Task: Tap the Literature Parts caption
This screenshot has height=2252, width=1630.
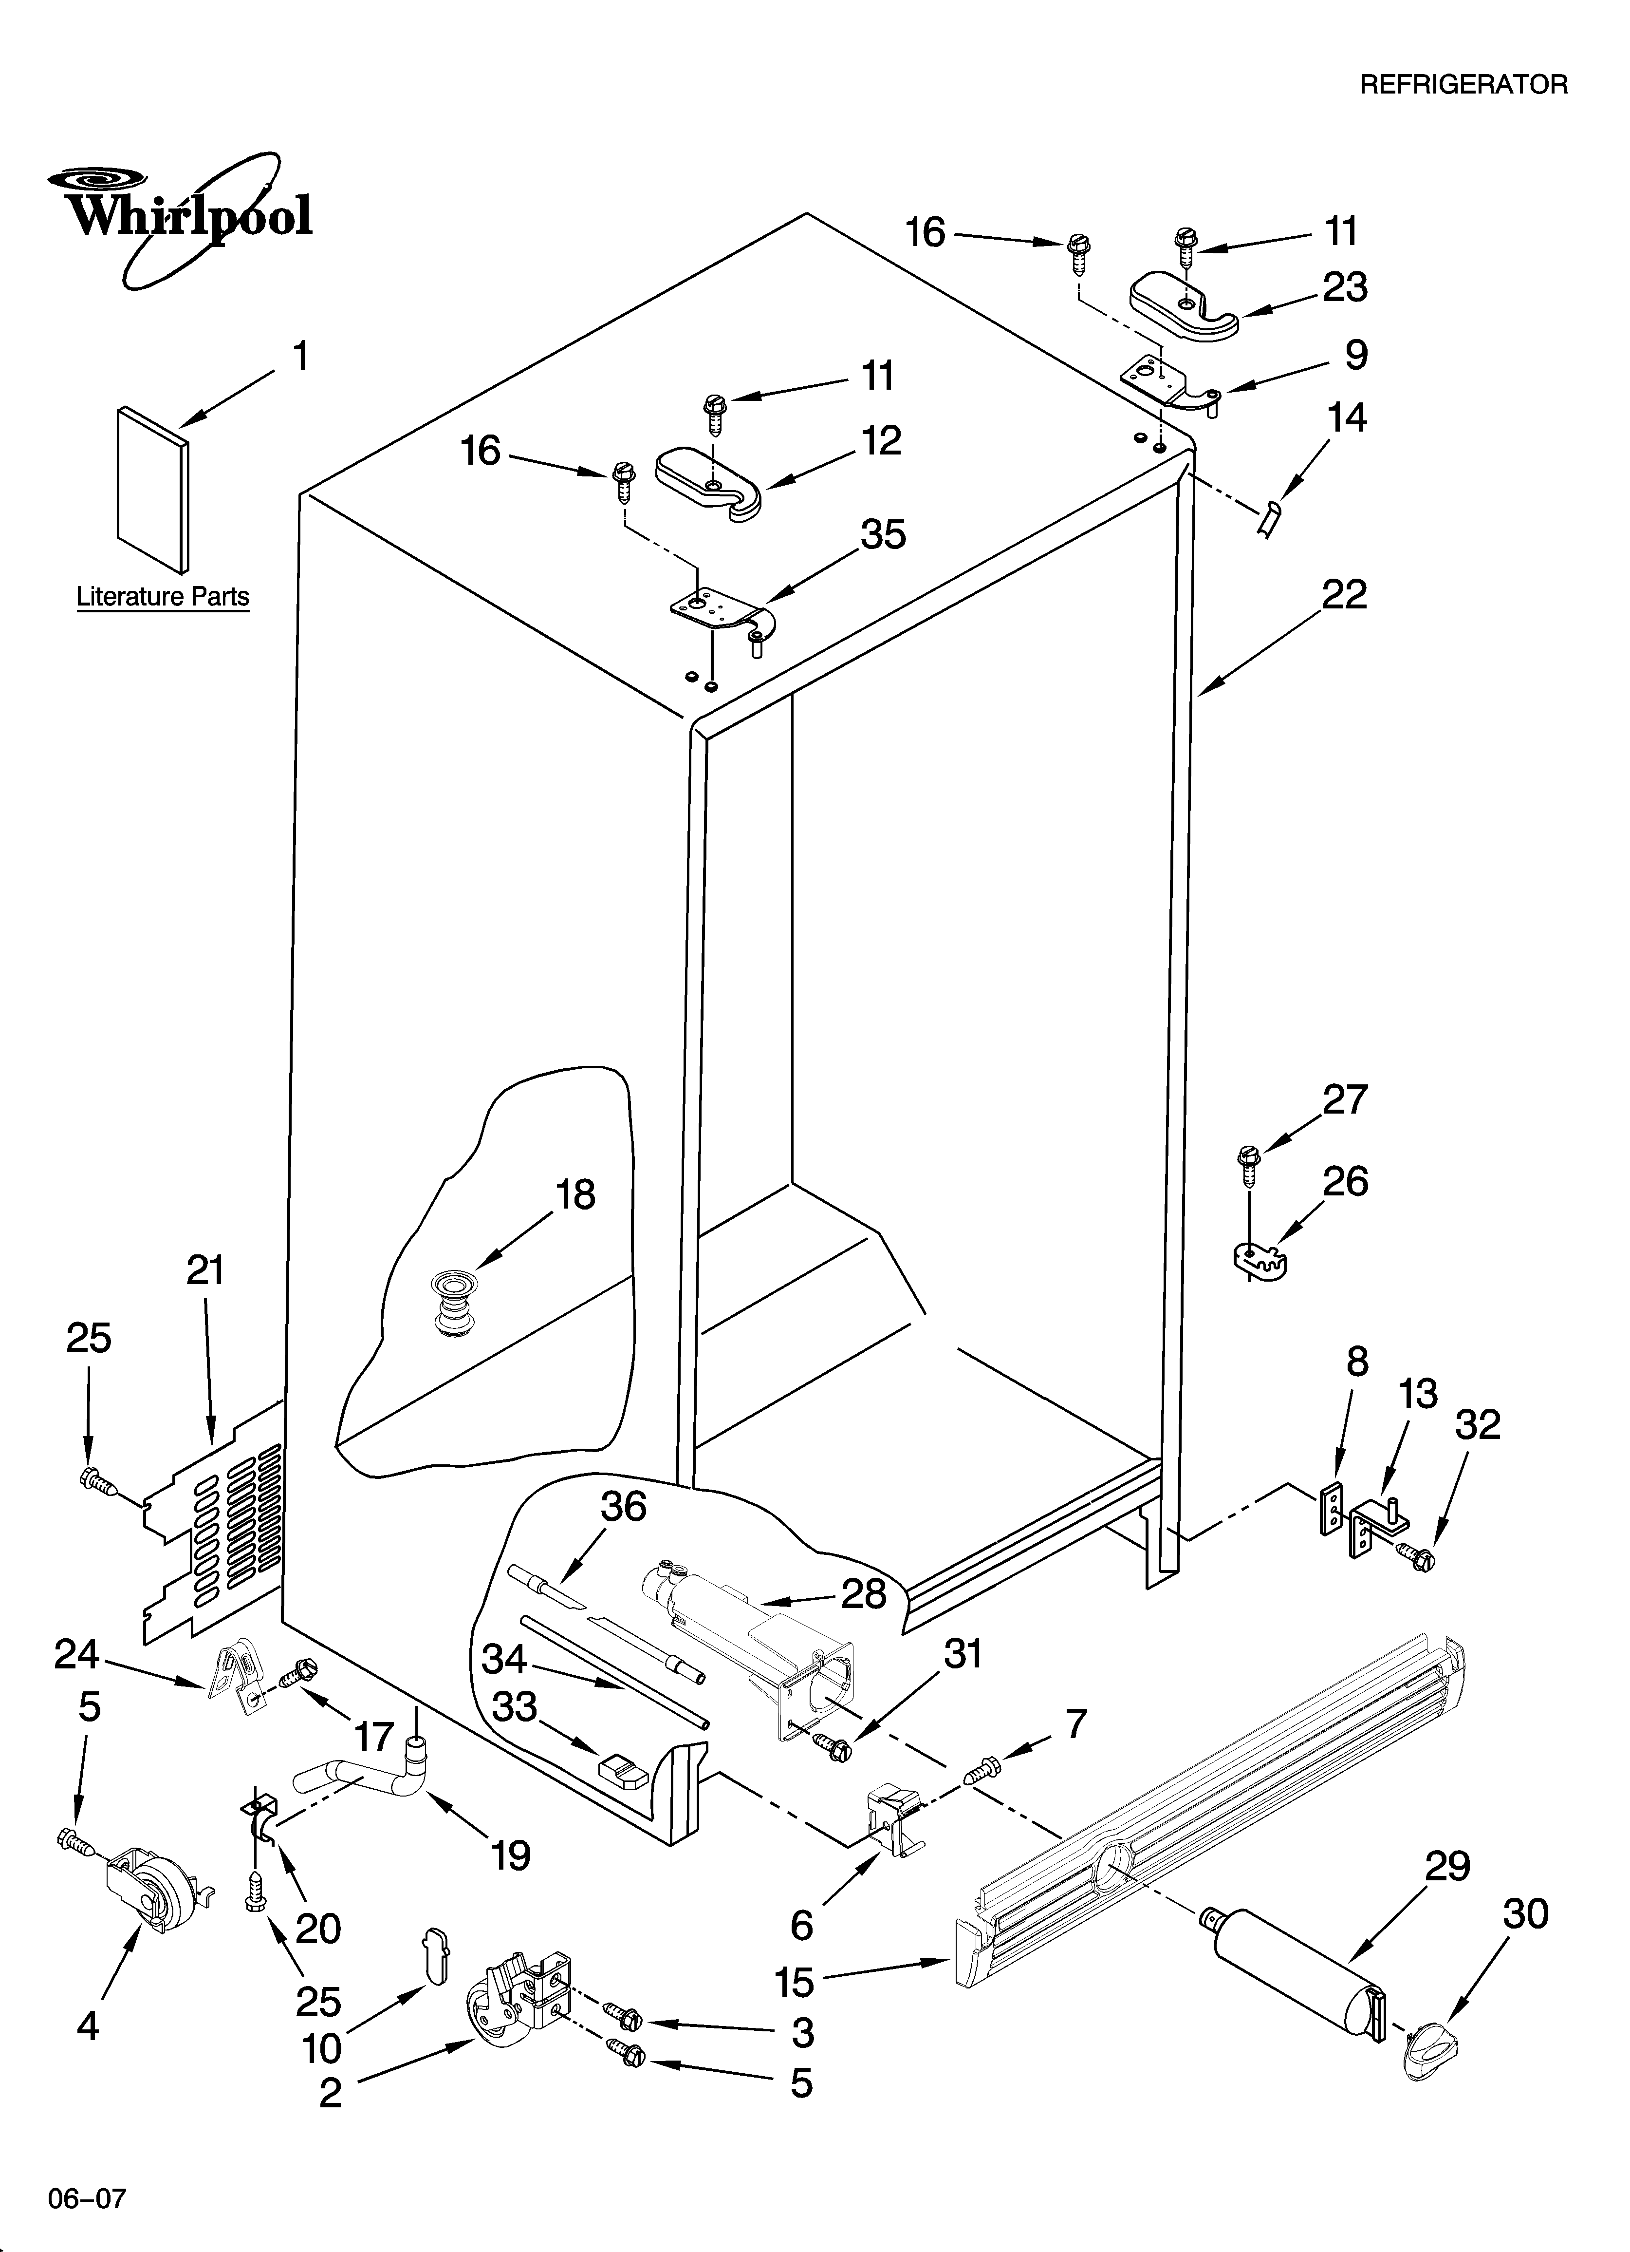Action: pos(163,597)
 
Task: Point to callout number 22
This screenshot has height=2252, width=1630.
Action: pos(1344,595)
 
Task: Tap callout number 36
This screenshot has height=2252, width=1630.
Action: pos(623,1506)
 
